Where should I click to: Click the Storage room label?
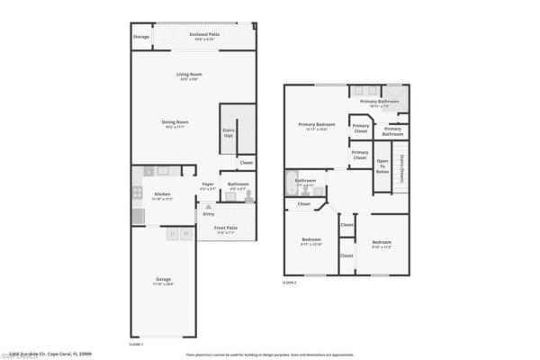(140, 37)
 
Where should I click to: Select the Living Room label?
(188, 75)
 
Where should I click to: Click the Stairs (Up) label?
(228, 132)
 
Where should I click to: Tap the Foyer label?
(208, 185)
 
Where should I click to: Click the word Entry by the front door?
(209, 214)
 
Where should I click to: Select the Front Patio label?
(226, 229)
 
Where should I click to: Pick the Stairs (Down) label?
(401, 166)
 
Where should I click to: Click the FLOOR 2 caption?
(289, 283)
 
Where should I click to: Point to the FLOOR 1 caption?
(138, 343)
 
